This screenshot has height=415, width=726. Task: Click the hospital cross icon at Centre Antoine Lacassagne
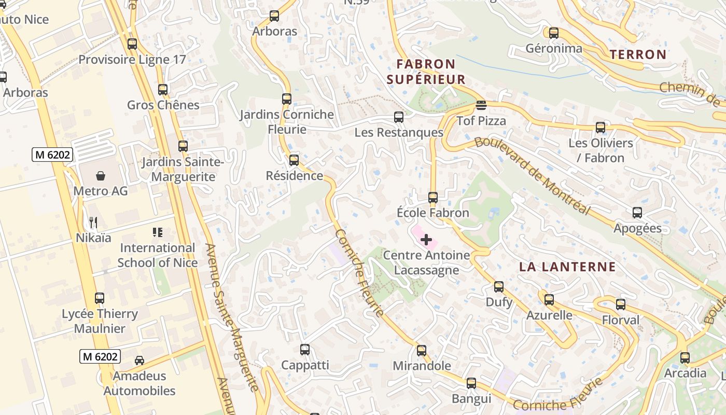tap(426, 240)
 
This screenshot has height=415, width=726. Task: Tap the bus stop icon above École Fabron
tap(433, 198)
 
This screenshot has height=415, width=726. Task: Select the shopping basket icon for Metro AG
tap(101, 176)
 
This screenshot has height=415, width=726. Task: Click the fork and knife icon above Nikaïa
tap(93, 223)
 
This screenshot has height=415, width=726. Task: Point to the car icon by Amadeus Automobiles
tap(139, 360)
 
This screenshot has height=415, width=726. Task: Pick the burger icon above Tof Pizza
tap(481, 105)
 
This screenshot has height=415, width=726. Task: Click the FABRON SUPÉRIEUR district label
tap(426, 72)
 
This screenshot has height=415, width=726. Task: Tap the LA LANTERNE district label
tap(568, 267)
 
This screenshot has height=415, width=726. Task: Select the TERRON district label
tap(638, 54)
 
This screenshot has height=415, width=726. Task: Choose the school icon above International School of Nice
tap(157, 232)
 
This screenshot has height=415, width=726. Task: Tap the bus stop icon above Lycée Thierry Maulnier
tap(100, 298)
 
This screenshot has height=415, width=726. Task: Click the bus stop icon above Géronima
tap(554, 33)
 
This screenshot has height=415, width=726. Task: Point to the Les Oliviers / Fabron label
tap(601, 150)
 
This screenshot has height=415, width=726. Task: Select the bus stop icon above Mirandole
tap(422, 351)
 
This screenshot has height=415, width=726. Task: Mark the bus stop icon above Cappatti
tap(305, 350)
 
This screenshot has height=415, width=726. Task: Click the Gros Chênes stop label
tap(163, 105)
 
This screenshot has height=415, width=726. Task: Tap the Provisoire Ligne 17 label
tap(132, 59)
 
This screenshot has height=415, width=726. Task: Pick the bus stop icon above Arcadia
tap(685, 357)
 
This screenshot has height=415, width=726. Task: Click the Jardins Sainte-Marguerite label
tap(183, 169)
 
